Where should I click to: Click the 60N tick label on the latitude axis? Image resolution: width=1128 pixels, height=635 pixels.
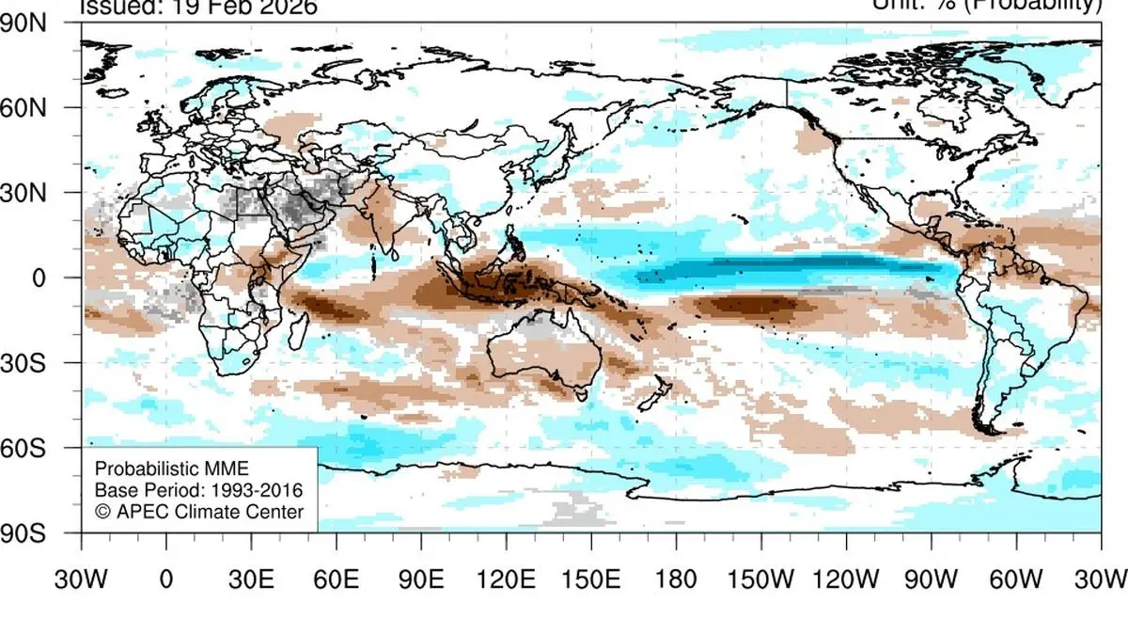[x=37, y=108]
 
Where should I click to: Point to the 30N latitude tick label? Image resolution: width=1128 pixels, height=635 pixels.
[x=37, y=193]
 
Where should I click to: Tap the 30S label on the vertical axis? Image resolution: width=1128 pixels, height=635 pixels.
[x=37, y=363]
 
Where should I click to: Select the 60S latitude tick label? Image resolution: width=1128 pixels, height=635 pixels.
[x=37, y=448]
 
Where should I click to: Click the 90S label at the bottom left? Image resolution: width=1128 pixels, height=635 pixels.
[x=37, y=532]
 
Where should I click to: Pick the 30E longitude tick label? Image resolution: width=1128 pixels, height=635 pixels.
[x=251, y=578]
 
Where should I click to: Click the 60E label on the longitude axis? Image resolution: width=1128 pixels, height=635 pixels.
[x=336, y=578]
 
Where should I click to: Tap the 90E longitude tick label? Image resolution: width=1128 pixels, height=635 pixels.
[x=421, y=578]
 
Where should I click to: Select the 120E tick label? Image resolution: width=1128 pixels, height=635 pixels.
[x=506, y=578]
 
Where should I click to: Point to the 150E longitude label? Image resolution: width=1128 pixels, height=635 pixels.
[x=590, y=578]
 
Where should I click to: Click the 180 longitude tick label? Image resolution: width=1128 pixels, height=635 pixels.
[x=676, y=578]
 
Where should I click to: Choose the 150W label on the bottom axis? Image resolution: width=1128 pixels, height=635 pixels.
[x=760, y=578]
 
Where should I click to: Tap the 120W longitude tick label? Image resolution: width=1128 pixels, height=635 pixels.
[x=846, y=578]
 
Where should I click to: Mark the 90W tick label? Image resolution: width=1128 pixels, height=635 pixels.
[x=931, y=578]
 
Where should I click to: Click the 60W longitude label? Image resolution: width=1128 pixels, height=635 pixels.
[x=1015, y=578]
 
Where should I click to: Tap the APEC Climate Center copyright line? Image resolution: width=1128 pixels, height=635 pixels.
[x=198, y=512]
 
